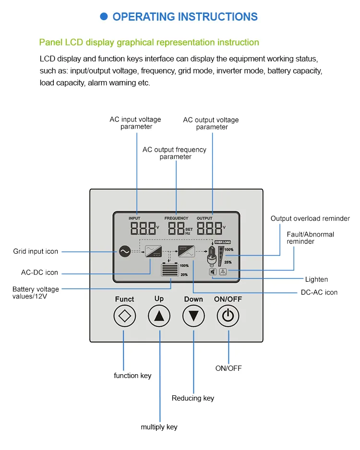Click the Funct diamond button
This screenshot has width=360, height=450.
pos(125,316)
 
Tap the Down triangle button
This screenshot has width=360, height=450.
pos(193,316)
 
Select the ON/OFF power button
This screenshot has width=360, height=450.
pos(228,316)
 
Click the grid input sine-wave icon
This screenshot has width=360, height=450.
pos(124,251)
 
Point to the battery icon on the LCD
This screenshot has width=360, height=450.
pos(169,270)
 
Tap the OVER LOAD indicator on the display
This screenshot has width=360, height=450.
pos(223,243)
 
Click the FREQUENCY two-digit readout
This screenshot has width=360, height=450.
pos(176,228)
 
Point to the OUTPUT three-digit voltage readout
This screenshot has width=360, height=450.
pos(209,228)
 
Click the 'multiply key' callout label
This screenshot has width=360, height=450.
pos(159,427)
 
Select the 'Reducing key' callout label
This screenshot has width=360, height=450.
pos(193,398)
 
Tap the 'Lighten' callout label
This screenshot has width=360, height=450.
pos(317,279)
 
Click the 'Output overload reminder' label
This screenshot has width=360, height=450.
pos(310,219)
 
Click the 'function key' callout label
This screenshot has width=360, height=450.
pos(132,376)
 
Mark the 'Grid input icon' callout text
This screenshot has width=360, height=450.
pos(36,251)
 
